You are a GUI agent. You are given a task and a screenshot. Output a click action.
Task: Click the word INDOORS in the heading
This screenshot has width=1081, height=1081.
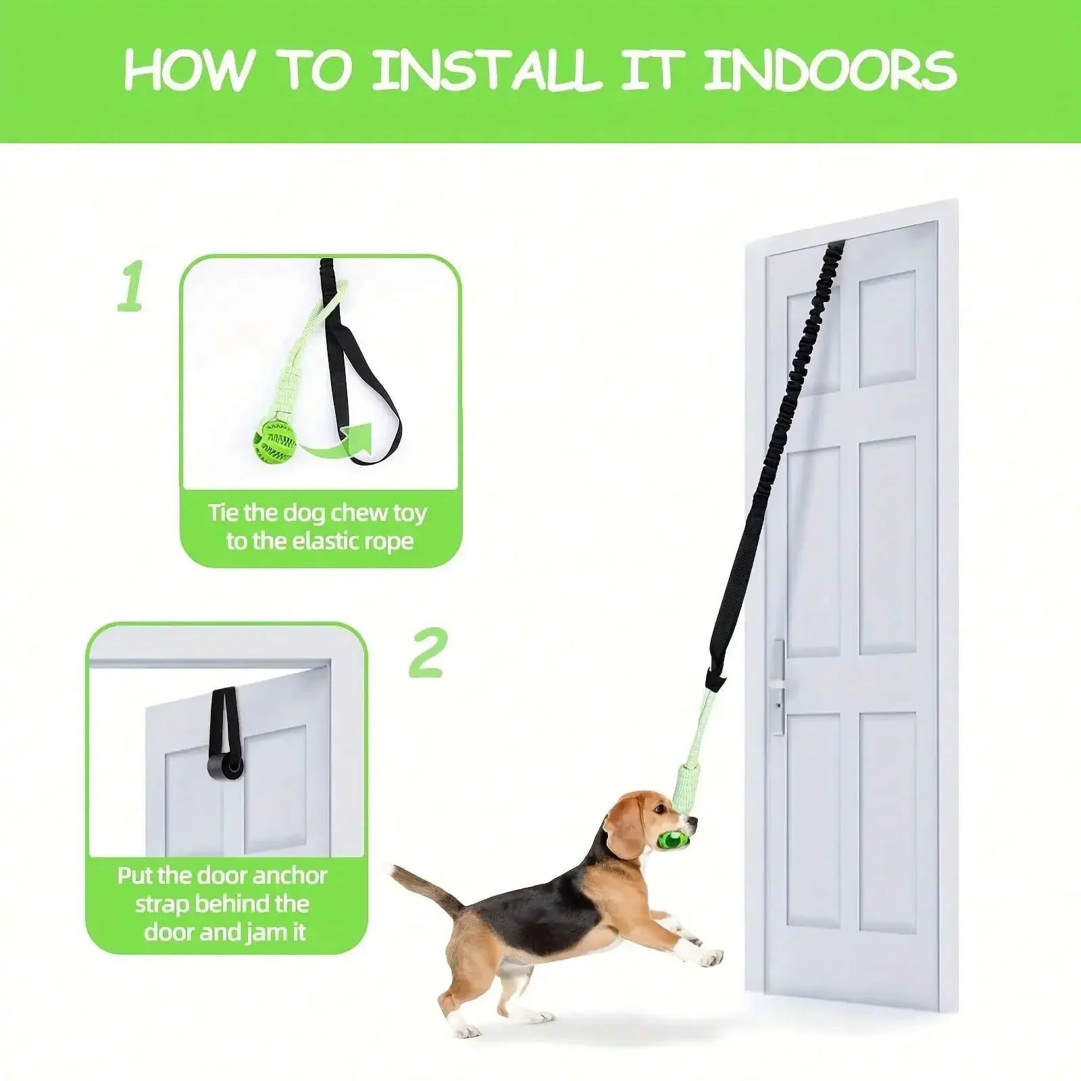[x=830, y=70]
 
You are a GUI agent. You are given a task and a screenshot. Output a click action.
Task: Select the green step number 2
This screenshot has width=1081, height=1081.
[x=427, y=653]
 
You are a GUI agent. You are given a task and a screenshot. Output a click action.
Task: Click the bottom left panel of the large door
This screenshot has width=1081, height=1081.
[x=813, y=821]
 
